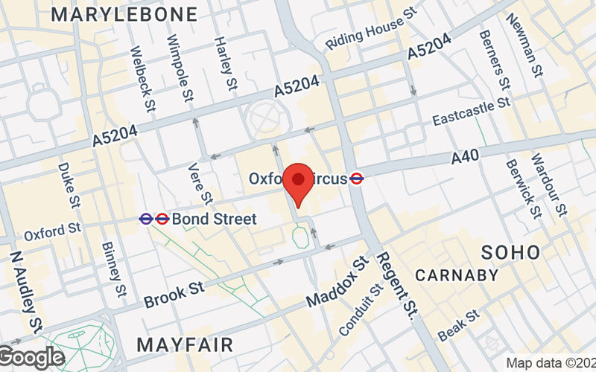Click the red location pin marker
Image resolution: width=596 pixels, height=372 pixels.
(299, 185)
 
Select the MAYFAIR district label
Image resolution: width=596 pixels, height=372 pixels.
(185, 344)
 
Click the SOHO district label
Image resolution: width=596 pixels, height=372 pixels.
(510, 251)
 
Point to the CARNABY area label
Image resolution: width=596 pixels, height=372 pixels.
(457, 275)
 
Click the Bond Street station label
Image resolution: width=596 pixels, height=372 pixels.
(214, 219)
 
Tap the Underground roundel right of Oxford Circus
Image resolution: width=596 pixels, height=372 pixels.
(357, 179)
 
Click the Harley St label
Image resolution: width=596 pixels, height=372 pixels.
(222, 56)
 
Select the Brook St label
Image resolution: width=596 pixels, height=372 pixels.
(174, 294)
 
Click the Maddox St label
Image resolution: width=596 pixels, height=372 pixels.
(337, 284)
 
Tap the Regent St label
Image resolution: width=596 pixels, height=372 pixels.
(396, 286)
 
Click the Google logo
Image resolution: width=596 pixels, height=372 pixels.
(31, 357)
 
